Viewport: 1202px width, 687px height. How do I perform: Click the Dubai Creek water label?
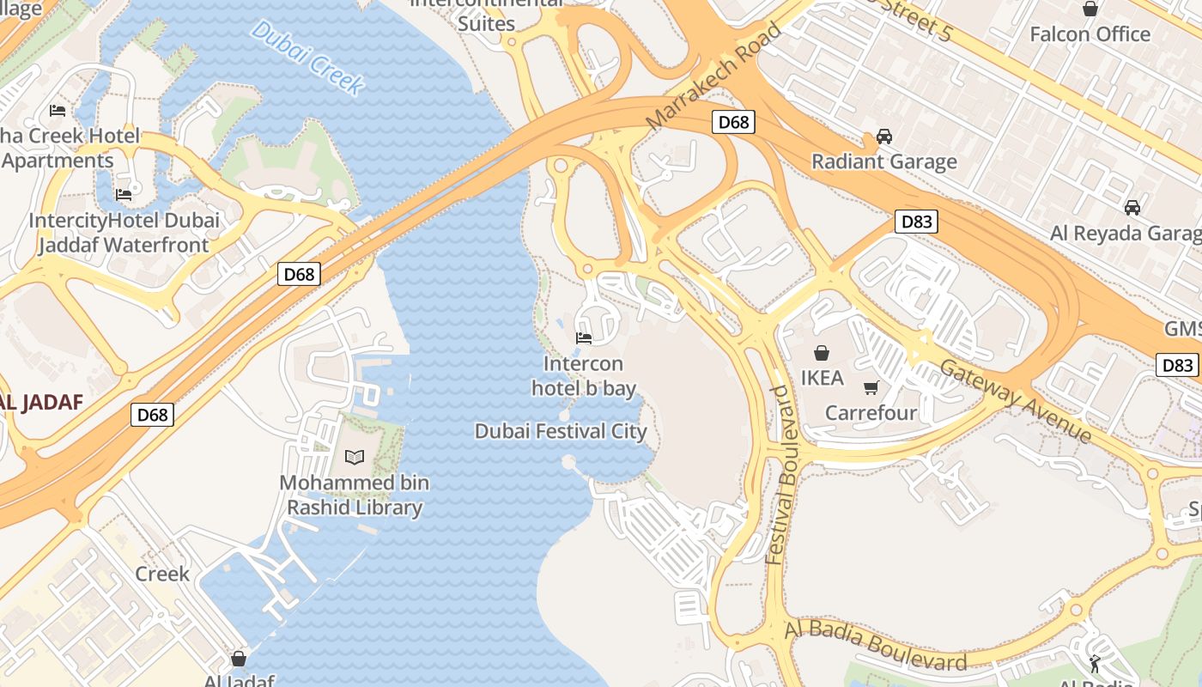(x=307, y=57)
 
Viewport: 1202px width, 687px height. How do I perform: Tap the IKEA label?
(x=822, y=378)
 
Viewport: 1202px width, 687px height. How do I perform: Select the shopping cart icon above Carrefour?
(x=871, y=387)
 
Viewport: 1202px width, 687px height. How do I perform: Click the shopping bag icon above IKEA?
(x=822, y=353)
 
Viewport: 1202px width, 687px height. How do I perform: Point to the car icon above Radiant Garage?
(x=883, y=137)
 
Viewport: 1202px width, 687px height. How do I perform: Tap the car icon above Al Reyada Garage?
(x=1132, y=208)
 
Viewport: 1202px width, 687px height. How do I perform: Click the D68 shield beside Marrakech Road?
(x=733, y=122)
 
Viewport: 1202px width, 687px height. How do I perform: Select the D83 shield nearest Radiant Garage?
(x=915, y=222)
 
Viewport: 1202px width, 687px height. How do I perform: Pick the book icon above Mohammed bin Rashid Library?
(x=355, y=457)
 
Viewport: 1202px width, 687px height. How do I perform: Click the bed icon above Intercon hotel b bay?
(x=584, y=338)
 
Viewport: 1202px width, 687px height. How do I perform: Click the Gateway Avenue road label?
(x=1015, y=401)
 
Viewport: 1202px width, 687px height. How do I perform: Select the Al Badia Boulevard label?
(x=875, y=646)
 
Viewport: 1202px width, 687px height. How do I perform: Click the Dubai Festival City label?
(x=561, y=431)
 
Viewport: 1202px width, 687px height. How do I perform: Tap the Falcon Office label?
(x=1090, y=34)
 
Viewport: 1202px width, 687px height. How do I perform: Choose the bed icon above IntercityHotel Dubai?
(x=124, y=195)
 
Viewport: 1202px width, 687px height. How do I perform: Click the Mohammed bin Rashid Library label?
(x=354, y=495)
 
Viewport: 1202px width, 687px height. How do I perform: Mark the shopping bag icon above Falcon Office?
(x=1090, y=9)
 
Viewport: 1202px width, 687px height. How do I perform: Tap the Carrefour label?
(x=871, y=413)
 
